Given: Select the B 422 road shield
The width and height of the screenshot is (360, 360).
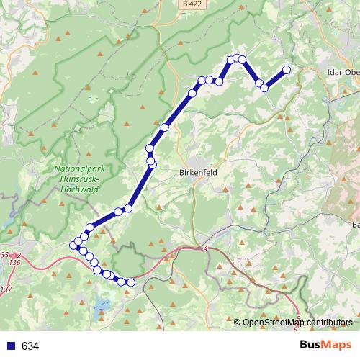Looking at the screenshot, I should coord(190,4).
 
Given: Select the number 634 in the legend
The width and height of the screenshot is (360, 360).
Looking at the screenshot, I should coord(30,346).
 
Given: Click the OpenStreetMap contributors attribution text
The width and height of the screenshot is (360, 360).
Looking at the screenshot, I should coord(297,323).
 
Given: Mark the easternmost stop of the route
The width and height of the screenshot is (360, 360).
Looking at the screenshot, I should coord(287,70).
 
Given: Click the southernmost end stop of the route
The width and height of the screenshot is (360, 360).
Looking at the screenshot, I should coord(131,282).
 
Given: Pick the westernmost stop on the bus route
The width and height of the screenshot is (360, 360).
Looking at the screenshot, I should coord(73,246).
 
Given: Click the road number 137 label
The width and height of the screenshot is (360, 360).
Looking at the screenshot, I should coord(6,289).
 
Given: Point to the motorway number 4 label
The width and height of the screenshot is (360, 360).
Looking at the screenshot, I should coord(204,248).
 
